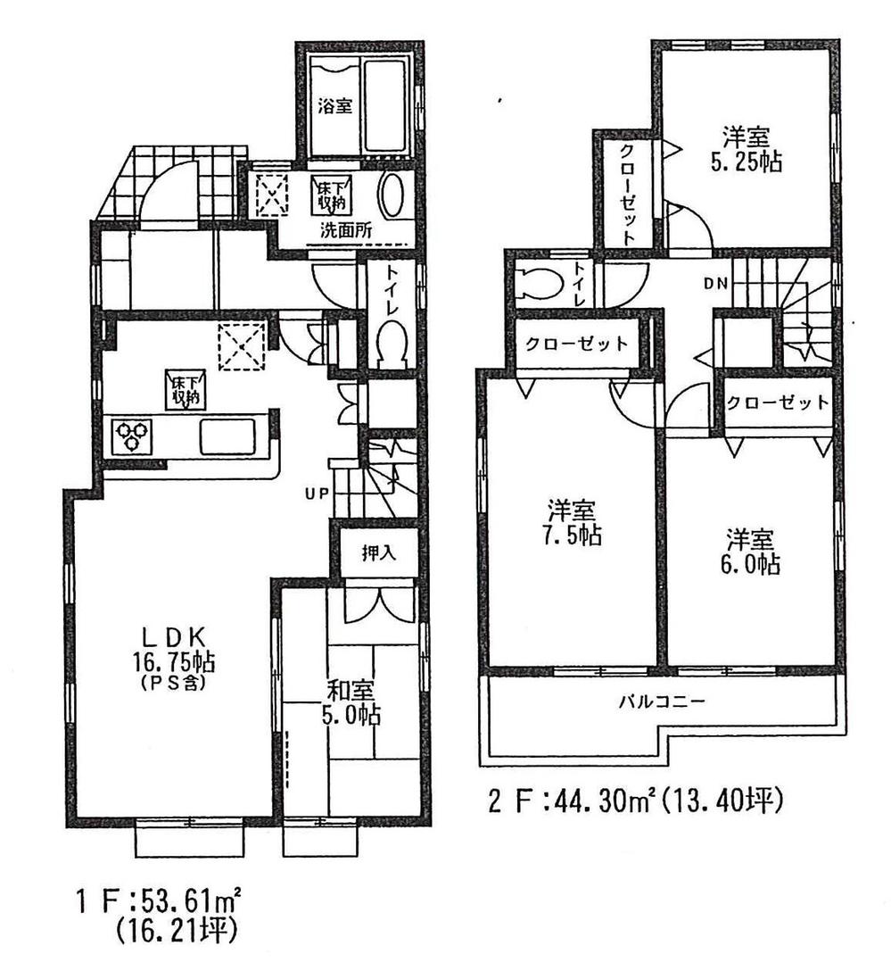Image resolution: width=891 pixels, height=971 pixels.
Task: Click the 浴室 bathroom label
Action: coord(334,105)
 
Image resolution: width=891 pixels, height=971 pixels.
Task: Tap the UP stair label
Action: coord(318,493)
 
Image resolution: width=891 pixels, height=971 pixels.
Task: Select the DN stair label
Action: coord(715,284)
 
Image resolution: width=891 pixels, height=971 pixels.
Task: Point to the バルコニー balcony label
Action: coord(663,701)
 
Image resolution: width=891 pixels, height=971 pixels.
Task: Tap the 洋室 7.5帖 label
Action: coord(573,524)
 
